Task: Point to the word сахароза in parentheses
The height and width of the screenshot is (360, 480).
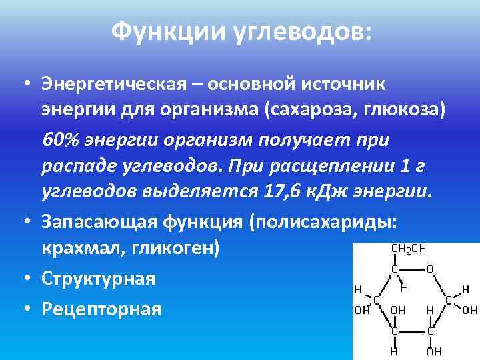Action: click(305, 109)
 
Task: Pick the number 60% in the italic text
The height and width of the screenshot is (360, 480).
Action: click(61, 141)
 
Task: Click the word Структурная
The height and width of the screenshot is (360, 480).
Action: click(98, 278)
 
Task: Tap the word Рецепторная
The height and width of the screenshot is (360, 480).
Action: click(101, 308)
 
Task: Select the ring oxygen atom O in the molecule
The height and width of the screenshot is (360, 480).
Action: click(429, 269)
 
